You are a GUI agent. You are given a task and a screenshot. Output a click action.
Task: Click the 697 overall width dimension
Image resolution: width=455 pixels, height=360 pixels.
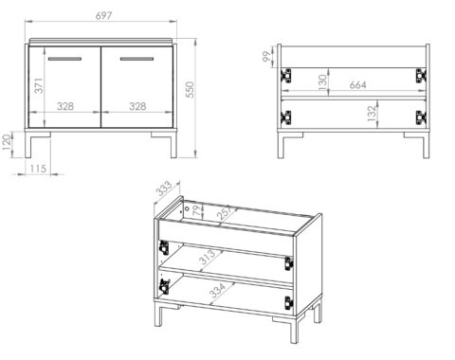point(104,15)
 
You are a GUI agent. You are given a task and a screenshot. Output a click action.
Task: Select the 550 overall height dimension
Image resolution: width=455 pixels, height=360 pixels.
point(190,90)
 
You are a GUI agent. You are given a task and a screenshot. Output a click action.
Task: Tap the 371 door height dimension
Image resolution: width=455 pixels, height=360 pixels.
point(39,85)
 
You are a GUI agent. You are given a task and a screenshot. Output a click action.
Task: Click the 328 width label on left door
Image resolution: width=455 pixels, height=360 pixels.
point(65,106)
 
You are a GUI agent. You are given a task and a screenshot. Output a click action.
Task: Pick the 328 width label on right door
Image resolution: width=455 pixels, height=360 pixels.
point(137,106)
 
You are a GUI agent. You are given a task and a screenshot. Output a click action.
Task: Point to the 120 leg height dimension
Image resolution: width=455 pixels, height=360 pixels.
point(7,143)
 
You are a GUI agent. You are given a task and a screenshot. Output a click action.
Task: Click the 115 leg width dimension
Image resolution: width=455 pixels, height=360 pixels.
point(38,169)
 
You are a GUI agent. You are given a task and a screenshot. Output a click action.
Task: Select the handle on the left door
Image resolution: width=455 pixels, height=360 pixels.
point(64,59)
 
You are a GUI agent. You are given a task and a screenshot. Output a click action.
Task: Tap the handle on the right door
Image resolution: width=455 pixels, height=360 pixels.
point(136,59)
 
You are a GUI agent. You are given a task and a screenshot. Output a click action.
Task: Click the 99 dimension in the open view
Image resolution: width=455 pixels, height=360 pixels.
point(267,56)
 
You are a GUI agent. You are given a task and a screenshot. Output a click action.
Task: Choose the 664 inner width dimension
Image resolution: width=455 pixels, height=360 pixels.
point(358,85)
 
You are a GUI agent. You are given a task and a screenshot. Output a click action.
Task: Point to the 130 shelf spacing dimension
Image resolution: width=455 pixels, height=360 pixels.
point(322,82)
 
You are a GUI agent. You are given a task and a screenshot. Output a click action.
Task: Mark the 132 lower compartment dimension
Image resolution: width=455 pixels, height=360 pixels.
point(373,114)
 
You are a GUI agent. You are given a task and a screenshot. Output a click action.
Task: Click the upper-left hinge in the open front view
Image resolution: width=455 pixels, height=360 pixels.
point(286,76)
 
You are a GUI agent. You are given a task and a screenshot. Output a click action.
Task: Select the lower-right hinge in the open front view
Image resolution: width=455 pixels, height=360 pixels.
point(421,117)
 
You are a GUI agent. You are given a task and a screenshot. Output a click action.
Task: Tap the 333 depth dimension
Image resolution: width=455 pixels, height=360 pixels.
point(164,189)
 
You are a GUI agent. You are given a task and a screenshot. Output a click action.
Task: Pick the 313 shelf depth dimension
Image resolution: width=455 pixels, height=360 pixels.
point(208,257)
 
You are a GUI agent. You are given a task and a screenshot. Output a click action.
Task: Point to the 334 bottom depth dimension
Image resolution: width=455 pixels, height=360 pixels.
point(218,291)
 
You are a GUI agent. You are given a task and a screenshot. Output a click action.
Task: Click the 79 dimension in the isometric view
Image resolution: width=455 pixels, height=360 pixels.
point(197,210)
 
